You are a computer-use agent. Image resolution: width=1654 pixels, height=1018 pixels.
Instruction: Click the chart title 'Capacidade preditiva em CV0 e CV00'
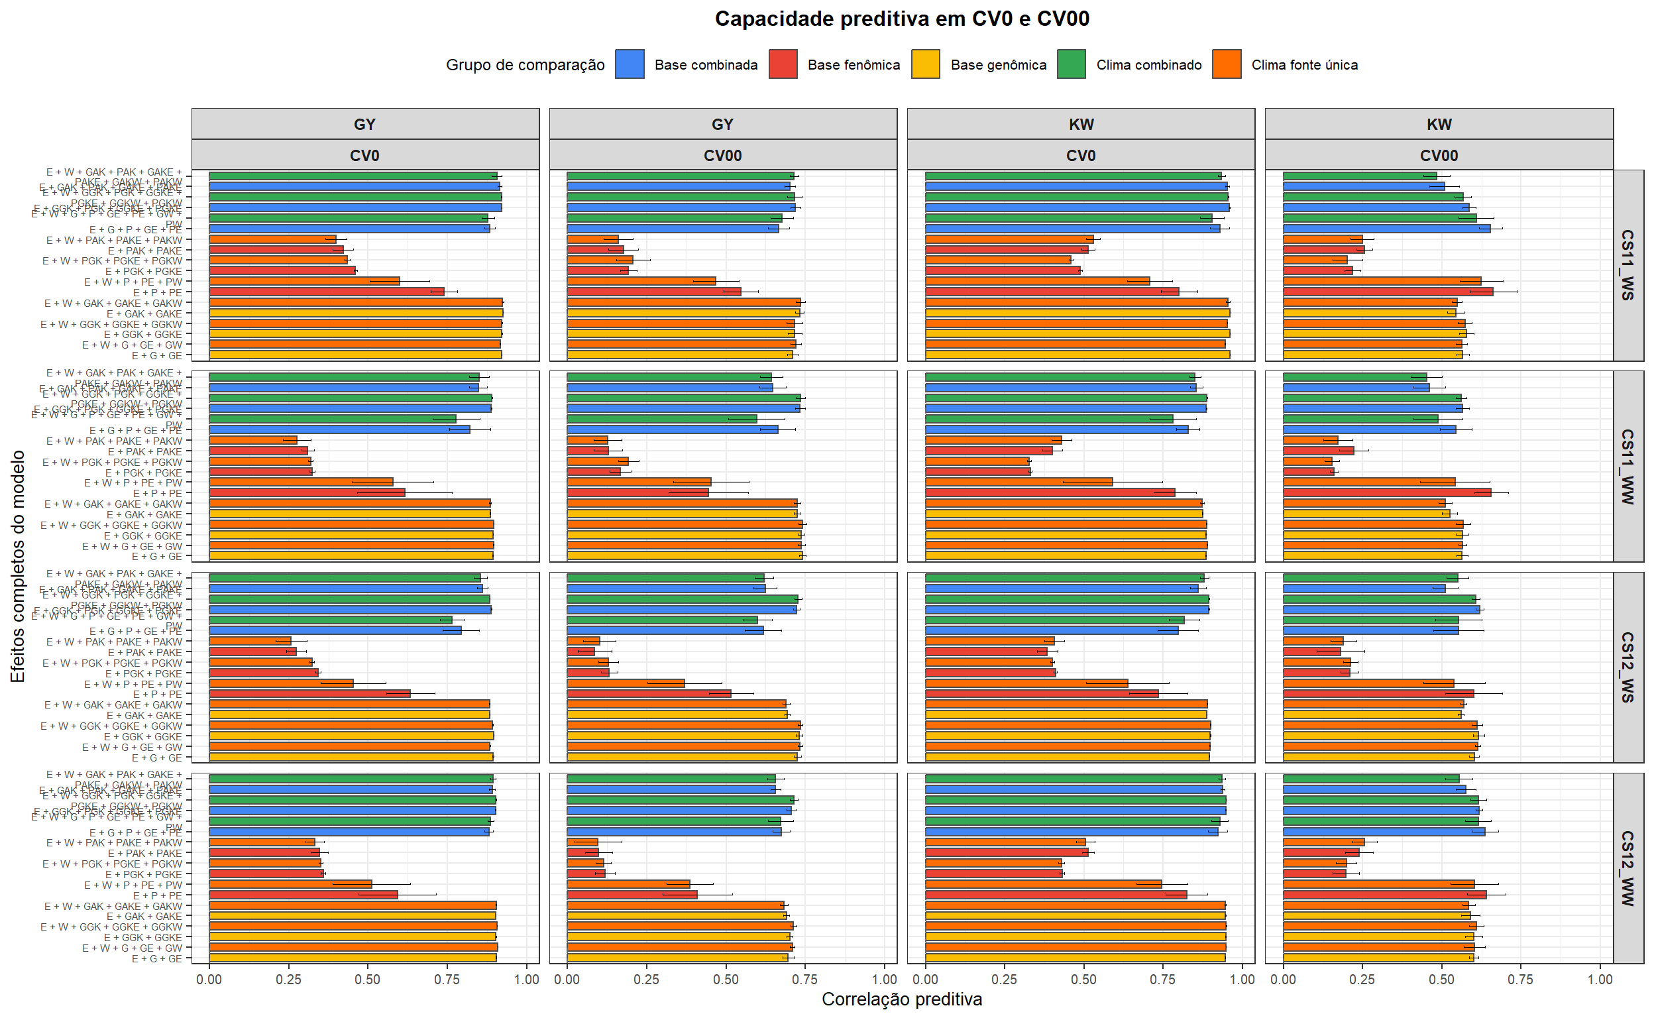tap(901, 19)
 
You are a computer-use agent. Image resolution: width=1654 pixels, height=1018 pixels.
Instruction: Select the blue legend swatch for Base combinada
tap(630, 65)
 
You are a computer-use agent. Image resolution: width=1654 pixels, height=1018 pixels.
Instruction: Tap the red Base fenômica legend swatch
tap(783, 65)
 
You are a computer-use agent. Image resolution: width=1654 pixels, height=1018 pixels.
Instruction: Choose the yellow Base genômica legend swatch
tap(926, 65)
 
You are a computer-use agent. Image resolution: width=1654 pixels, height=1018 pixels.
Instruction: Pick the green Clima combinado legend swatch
tap(1071, 65)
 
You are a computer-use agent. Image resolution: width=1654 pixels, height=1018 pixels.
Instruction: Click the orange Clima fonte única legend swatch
tap(1226, 65)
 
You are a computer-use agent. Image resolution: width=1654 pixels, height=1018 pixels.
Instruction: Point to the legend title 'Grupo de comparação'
tap(525, 66)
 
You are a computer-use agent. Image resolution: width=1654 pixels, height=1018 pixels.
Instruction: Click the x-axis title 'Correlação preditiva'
tap(901, 999)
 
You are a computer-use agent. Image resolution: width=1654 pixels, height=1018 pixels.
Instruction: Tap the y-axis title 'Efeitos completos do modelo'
tap(18, 566)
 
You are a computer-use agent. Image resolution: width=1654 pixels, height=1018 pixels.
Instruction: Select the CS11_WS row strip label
tap(1627, 265)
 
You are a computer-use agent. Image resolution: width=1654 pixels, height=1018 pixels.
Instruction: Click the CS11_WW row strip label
tap(1627, 467)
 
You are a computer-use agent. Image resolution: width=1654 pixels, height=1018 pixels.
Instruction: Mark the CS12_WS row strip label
tap(1627, 667)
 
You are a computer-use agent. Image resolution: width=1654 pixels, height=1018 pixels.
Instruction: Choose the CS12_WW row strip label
tap(1627, 868)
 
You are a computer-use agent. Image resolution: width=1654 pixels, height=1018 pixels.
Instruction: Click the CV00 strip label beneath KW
tap(1439, 156)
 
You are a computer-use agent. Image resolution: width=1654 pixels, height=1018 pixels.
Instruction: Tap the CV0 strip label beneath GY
tap(364, 156)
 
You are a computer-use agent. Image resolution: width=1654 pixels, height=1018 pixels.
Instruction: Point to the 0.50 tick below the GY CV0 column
tap(368, 980)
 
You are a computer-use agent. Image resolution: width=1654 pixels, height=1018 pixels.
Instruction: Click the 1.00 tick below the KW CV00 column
tap(1600, 980)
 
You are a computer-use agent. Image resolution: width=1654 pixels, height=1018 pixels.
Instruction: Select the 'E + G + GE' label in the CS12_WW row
tap(157, 959)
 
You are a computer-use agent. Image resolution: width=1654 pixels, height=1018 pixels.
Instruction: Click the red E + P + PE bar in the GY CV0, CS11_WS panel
tap(327, 292)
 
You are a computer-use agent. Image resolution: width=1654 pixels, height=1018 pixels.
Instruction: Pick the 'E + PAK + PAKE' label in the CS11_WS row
tap(144, 251)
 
